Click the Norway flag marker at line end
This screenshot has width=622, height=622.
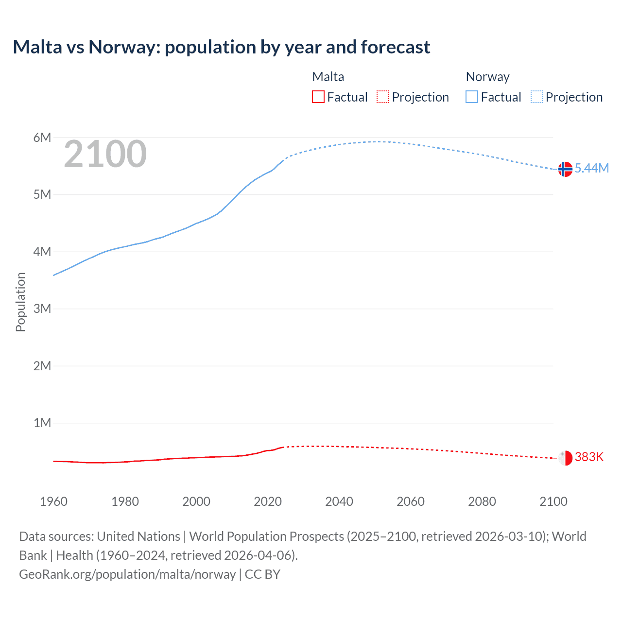pos(565,169)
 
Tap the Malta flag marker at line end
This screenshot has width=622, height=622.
pos(565,458)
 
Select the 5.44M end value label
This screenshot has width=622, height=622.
pos(591,168)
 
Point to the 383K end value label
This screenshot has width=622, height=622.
pos(589,457)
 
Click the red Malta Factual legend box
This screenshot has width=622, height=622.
pos(318,97)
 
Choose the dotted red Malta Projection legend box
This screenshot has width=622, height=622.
pos(383,97)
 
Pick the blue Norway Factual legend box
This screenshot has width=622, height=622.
pos(472,97)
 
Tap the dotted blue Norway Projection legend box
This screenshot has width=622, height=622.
pos(536,97)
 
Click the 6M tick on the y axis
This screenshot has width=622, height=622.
pos(42,138)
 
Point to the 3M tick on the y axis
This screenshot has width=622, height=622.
pos(42,309)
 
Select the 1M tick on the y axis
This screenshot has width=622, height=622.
pos(42,423)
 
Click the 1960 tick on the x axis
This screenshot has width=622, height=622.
pos(53,501)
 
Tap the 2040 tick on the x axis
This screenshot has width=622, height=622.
pos(339,501)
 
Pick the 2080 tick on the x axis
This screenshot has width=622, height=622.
pos(482,501)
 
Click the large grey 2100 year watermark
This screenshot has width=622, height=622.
pos(105,154)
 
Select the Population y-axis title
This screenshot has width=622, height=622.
pos(20,302)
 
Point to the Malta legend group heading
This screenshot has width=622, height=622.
pos(328,77)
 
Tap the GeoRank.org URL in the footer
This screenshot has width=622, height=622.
pos(127,574)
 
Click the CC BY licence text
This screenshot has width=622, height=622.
pos(262,574)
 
